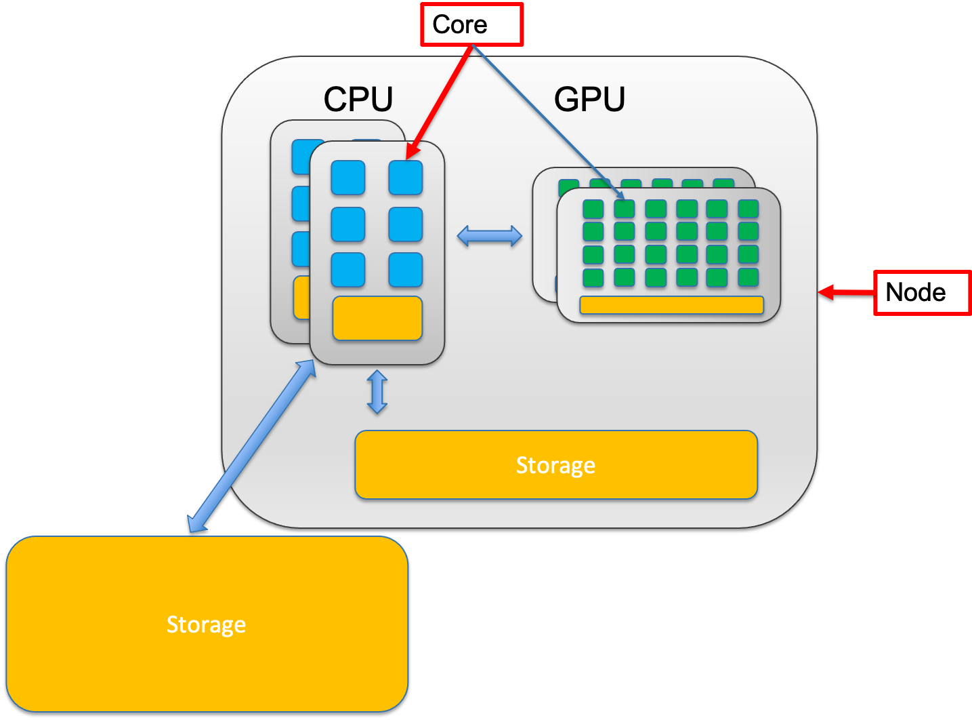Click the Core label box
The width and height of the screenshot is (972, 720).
click(x=471, y=25)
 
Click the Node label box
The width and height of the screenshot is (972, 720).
click(x=921, y=292)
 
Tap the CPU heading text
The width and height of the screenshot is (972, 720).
click(x=358, y=100)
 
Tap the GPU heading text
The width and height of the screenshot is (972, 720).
click(x=589, y=100)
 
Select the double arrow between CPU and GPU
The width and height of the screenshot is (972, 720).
click(x=490, y=236)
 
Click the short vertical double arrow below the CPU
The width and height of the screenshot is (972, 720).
click(x=377, y=392)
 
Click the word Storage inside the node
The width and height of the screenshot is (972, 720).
click(x=555, y=465)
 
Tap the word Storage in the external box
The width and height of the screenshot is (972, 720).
click(x=206, y=624)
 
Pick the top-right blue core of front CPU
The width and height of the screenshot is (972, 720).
click(x=406, y=178)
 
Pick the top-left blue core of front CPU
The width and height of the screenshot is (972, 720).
click(x=348, y=178)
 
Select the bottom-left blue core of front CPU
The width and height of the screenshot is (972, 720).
click(x=348, y=270)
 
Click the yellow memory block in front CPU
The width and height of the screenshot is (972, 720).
click(x=377, y=318)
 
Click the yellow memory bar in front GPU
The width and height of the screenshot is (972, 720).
click(x=671, y=305)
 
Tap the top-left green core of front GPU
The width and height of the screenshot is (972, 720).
click(x=593, y=209)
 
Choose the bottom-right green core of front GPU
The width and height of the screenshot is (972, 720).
click(x=748, y=277)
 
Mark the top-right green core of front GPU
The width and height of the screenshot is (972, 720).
click(x=748, y=209)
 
